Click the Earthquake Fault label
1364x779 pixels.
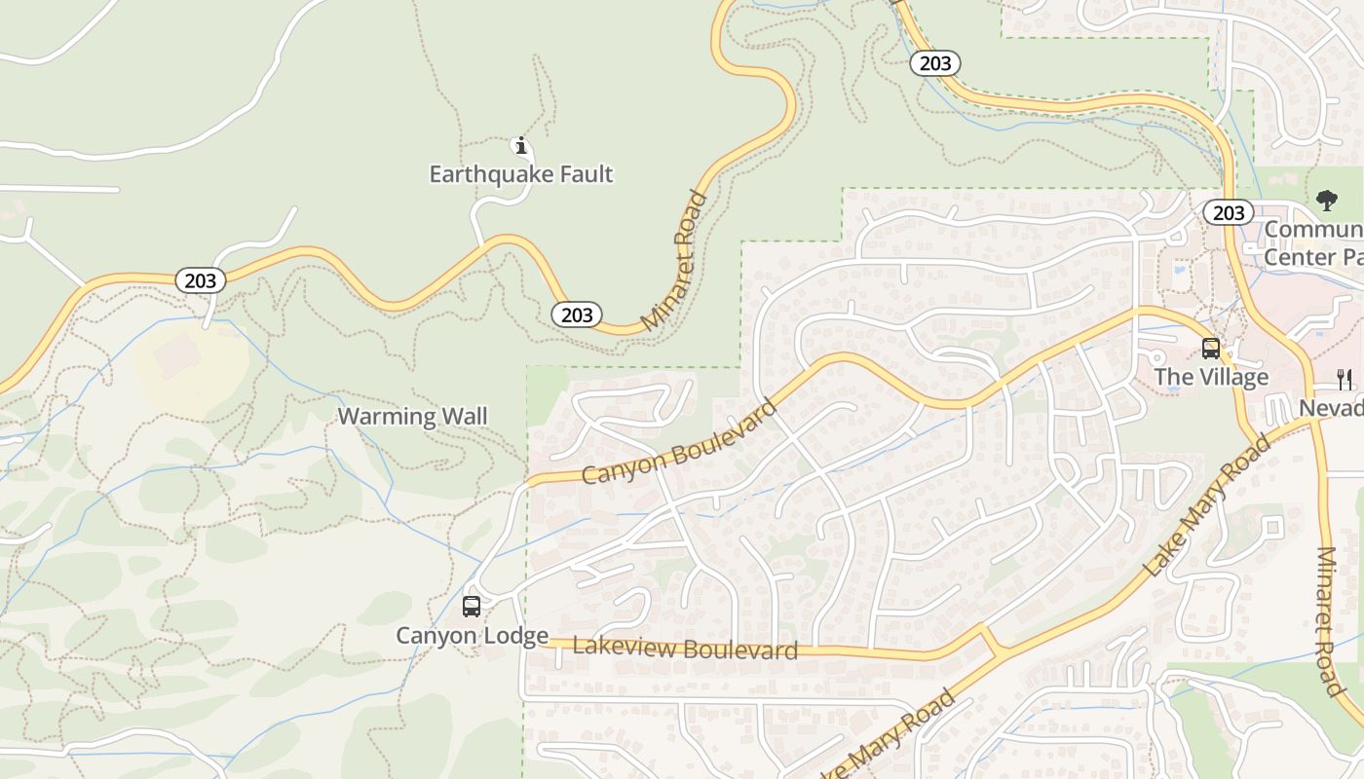[x=521, y=174]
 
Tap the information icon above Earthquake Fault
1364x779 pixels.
[x=521, y=146]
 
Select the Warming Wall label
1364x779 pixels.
[x=412, y=417]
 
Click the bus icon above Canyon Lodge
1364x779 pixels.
[x=472, y=607]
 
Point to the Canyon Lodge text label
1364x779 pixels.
[x=472, y=636]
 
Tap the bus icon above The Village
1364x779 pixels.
[x=1211, y=349]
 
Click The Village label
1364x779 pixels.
[x=1211, y=377]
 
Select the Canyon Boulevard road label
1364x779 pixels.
[x=679, y=441]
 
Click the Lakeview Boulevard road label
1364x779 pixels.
[x=685, y=649]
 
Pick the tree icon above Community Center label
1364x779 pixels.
[x=1326, y=202]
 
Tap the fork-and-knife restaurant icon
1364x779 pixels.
[x=1345, y=379]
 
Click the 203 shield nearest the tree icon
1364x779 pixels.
[x=1228, y=212]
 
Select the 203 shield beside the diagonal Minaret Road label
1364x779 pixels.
[x=577, y=315]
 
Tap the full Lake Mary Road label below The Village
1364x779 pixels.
[x=1207, y=506]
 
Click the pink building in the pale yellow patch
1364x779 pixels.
[x=176, y=356]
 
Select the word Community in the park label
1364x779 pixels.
[x=1313, y=231]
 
